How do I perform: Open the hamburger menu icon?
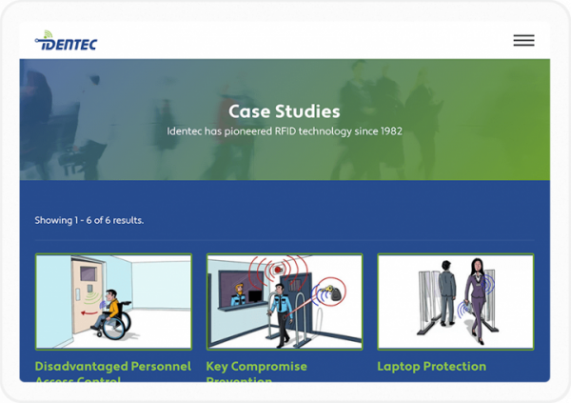tap(523, 40)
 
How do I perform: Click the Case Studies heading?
tap(284, 111)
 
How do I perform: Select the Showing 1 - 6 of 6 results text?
tap(89, 220)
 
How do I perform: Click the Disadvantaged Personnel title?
tap(112, 367)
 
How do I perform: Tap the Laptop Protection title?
tap(431, 367)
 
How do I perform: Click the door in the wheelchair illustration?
tap(71, 300)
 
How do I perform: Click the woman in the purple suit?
tap(474, 296)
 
